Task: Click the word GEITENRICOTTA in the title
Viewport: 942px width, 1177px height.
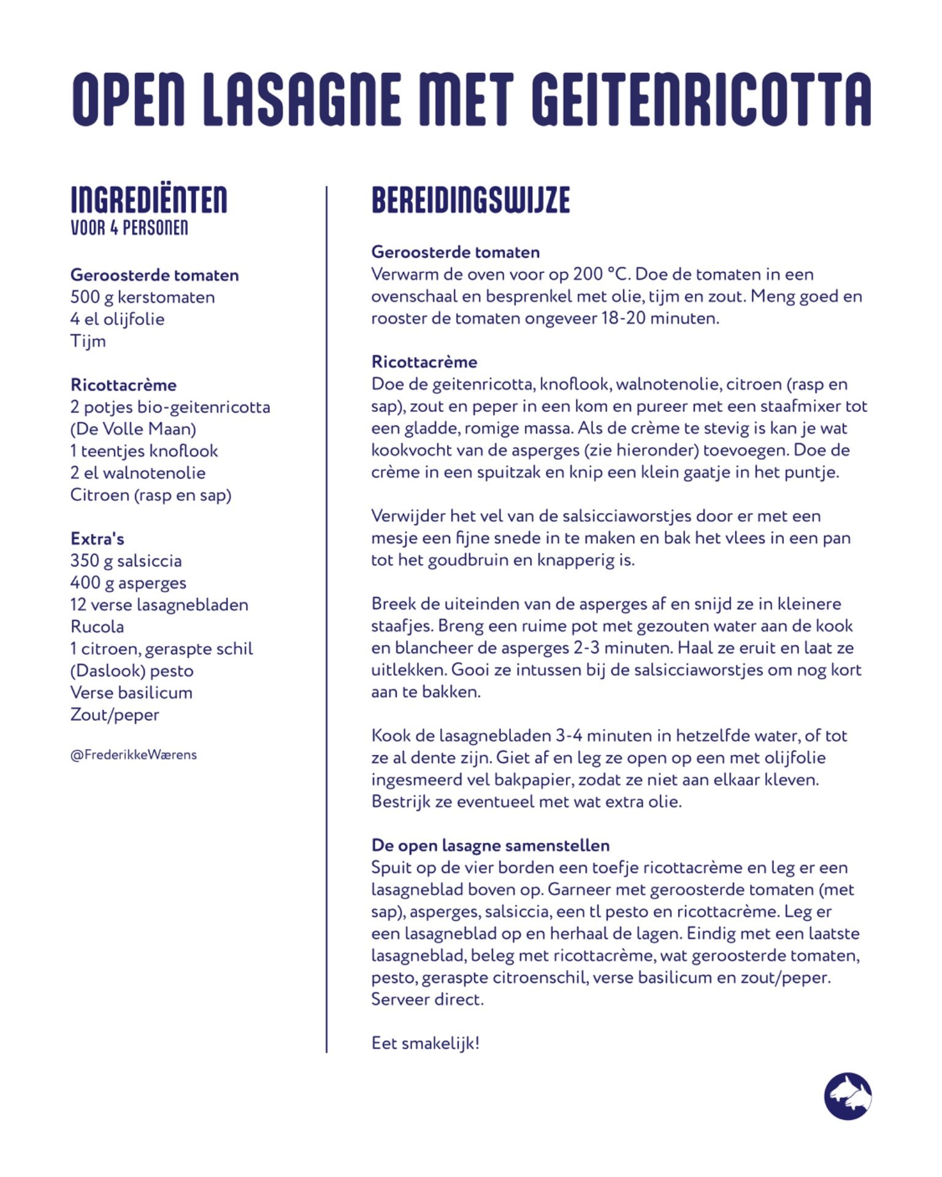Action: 700,99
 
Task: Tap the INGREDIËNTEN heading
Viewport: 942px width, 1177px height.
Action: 149,200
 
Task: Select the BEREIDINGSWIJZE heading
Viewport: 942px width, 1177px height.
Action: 470,200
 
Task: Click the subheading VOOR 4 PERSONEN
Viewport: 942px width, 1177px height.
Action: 129,228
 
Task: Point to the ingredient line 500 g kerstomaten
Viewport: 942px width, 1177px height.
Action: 142,297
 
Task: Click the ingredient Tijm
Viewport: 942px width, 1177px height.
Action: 88,341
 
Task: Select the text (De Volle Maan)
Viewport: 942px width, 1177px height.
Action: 133,429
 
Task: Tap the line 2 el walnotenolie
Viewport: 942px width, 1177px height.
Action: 138,473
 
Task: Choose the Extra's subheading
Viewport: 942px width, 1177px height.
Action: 98,539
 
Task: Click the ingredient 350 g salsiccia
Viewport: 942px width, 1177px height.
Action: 126,561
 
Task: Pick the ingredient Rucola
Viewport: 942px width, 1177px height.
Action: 97,627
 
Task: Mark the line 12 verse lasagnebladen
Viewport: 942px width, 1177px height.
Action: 159,605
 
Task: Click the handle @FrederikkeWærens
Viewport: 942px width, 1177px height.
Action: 134,755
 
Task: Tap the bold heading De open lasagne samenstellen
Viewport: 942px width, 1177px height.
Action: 490,845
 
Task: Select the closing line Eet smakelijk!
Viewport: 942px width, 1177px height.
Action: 425,1043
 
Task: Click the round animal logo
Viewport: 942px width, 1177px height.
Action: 848,1096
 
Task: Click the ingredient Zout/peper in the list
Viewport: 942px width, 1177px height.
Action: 115,715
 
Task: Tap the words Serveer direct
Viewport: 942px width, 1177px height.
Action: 427,999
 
